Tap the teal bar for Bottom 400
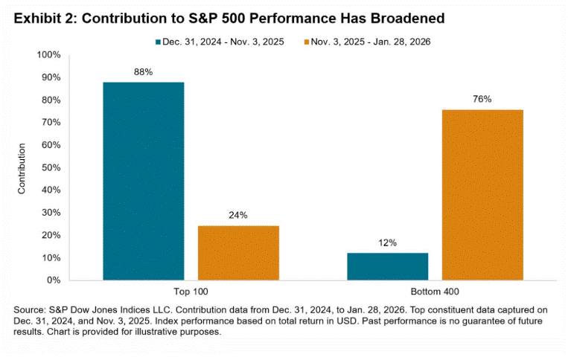(x=387, y=266)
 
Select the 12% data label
(x=387, y=243)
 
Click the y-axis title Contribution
(x=22, y=168)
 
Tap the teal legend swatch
(x=158, y=42)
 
